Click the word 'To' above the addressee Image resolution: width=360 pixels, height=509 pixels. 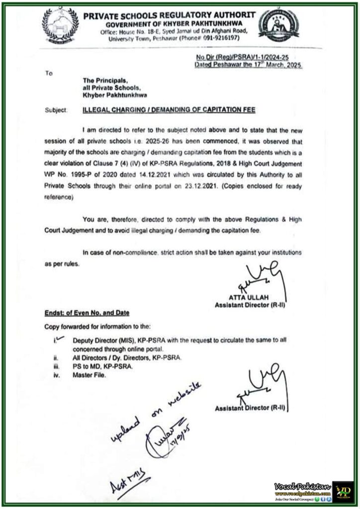[x=49, y=73]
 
